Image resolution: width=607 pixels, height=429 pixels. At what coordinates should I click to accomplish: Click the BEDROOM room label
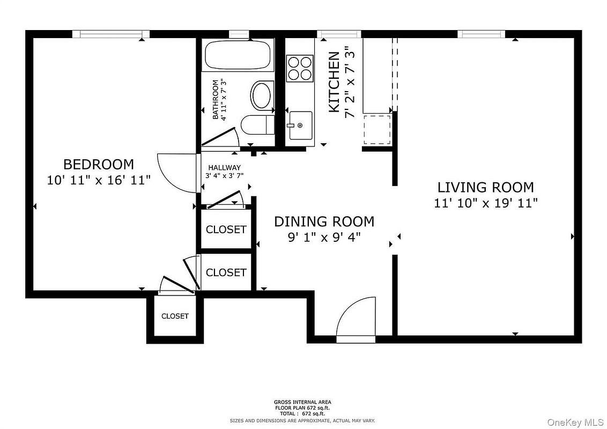(98, 165)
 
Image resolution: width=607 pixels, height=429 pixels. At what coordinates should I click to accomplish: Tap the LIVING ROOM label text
(485, 187)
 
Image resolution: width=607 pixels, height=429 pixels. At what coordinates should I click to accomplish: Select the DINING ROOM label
(324, 221)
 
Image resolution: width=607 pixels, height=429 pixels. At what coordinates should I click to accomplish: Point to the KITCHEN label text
(334, 82)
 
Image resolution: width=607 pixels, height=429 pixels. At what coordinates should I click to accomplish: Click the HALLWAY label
(225, 168)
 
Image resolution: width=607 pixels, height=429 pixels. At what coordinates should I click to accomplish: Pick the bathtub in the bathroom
(238, 55)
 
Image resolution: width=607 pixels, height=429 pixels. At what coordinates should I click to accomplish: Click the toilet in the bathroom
(257, 125)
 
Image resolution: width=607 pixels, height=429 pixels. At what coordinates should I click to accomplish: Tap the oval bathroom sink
(262, 95)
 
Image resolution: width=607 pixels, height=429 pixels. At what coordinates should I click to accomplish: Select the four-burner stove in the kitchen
(300, 68)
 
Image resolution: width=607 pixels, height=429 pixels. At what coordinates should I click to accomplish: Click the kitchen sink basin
(300, 125)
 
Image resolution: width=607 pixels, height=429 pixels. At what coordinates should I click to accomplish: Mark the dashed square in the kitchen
(377, 129)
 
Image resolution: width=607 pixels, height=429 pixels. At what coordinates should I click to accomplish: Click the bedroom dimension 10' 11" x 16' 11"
(99, 180)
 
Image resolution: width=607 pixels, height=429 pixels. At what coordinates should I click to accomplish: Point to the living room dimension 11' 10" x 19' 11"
(486, 203)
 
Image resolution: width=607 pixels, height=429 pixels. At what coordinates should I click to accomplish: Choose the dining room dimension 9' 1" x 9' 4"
(324, 236)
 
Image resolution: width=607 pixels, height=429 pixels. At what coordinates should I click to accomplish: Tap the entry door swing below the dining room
(356, 320)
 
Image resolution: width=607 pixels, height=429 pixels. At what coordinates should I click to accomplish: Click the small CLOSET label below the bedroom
(175, 316)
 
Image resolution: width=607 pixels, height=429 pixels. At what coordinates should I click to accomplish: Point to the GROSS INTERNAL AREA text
(302, 402)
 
